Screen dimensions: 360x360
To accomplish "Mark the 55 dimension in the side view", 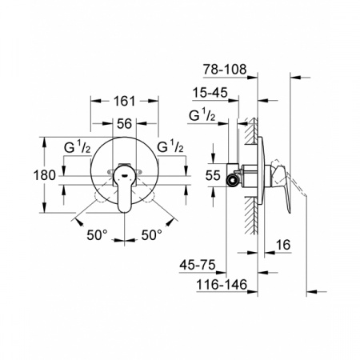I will [x=212, y=174].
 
